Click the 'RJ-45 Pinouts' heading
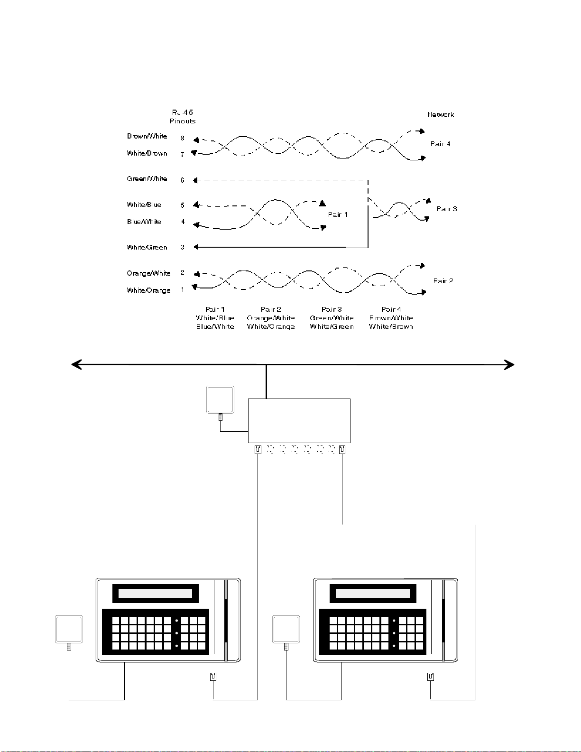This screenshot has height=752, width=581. [183, 117]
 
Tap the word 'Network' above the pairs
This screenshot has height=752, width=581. [441, 114]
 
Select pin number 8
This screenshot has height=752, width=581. [183, 138]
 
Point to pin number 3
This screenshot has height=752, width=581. [183, 247]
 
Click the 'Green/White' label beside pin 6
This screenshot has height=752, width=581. [147, 179]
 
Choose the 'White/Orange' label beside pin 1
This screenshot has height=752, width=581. [149, 290]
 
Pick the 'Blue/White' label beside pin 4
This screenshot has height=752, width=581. [144, 222]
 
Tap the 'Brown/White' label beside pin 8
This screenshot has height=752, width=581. [147, 136]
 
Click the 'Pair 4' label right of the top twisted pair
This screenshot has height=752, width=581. [440, 144]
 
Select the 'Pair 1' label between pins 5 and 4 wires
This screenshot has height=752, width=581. [338, 214]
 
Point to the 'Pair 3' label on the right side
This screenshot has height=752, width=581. [447, 209]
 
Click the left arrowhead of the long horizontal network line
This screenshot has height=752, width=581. [76, 364]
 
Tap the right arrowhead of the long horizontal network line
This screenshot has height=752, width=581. [509, 365]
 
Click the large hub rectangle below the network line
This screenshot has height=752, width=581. [299, 421]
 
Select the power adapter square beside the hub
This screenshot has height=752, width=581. [220, 399]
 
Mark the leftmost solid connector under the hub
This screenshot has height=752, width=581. [258, 449]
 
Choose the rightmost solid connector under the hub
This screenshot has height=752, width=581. [342, 449]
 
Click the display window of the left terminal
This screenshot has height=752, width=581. [155, 594]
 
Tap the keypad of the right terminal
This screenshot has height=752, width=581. [373, 631]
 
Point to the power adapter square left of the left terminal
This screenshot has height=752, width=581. [69, 629]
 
